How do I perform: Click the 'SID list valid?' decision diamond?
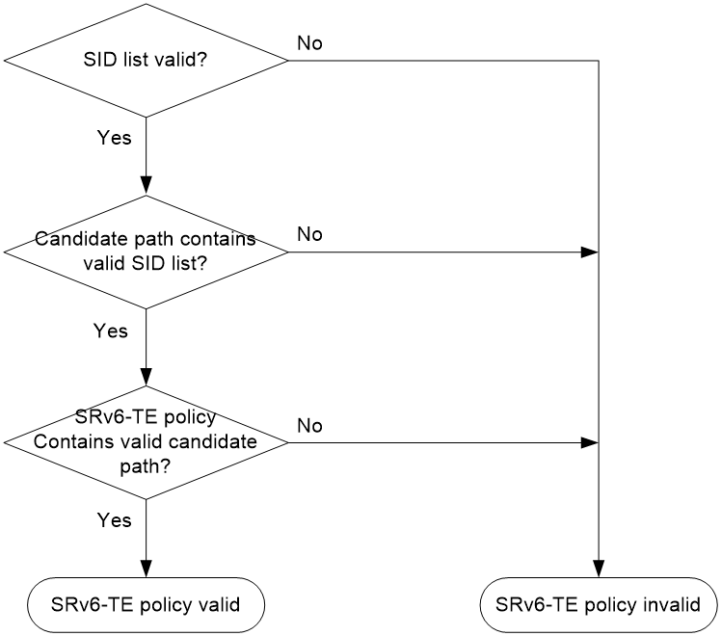[x=146, y=60]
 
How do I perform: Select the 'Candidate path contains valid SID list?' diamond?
[x=146, y=252]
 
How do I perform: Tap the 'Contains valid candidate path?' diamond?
[x=146, y=442]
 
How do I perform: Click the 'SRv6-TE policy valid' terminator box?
[x=146, y=605]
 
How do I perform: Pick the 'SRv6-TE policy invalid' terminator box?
[x=599, y=605]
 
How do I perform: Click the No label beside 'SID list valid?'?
[x=309, y=43]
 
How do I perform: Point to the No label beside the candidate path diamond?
[x=309, y=234]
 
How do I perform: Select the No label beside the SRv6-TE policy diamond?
[x=309, y=426]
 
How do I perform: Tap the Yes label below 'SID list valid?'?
[x=114, y=138]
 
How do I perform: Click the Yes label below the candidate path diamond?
[x=110, y=331]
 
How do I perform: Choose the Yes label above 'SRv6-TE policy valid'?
[x=114, y=520]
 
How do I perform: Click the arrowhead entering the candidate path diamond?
[x=146, y=186]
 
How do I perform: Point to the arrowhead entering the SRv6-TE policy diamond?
[x=146, y=377]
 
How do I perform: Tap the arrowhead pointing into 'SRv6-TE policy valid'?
[x=146, y=569]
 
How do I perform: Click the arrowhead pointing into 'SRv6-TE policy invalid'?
[x=599, y=569]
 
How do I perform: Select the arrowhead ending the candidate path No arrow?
[x=589, y=252]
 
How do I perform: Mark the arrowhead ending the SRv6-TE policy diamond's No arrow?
[x=589, y=442]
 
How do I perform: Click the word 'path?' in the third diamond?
[x=146, y=467]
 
